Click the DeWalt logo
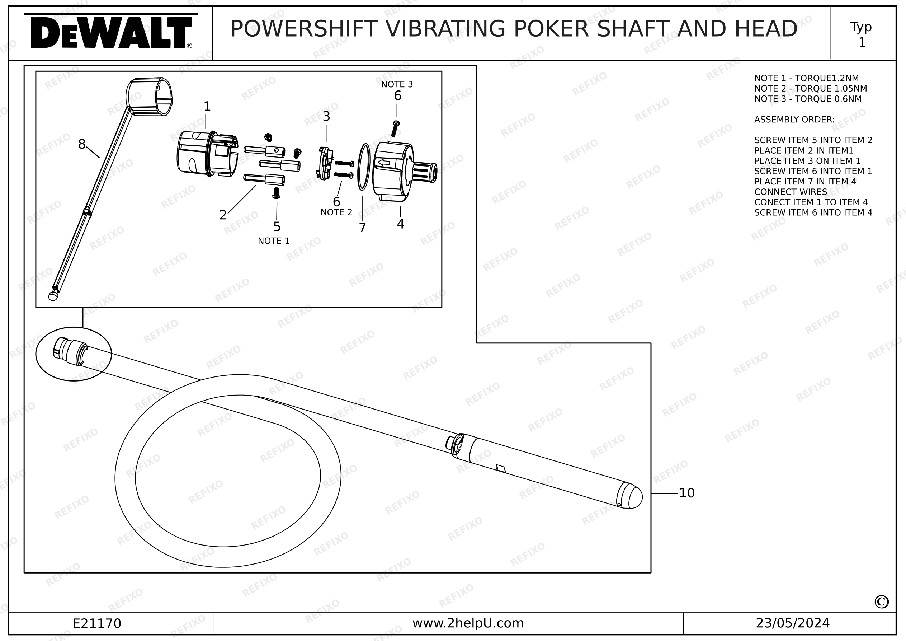pos(111,31)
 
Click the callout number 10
pos(686,493)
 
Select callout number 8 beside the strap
pos(82,144)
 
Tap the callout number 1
pos(207,106)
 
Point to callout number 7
pos(362,228)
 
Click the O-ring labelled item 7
pos(363,167)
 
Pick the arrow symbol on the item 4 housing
pos(383,162)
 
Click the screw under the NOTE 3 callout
pos(395,129)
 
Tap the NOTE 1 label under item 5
pos(273,241)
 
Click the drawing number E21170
pos(97,624)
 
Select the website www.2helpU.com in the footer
pos(468,623)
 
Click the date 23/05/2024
pos(793,623)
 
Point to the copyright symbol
pos(882,602)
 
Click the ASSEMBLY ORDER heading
pos(794,120)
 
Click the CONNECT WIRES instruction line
pos(791,192)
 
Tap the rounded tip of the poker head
pos(633,496)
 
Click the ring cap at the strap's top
pos(149,97)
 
